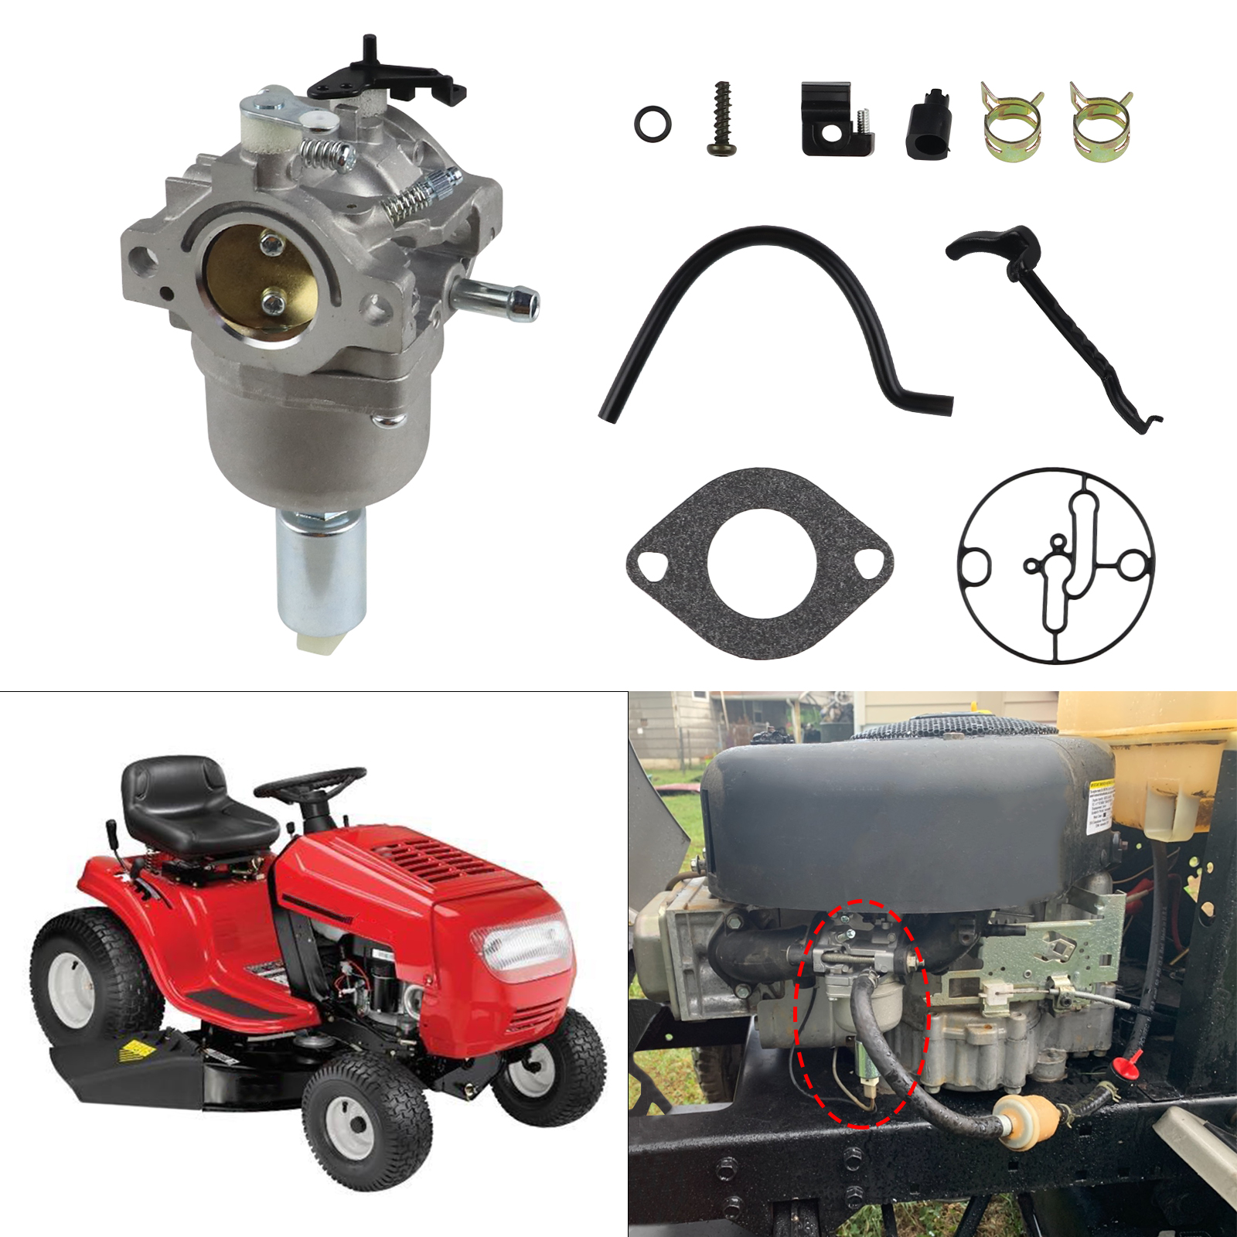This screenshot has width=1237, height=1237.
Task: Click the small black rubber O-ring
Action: pyautogui.click(x=653, y=124)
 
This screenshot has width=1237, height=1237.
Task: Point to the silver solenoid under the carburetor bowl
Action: pyautogui.click(x=321, y=572)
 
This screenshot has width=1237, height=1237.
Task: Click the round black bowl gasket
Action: pyautogui.click(x=1055, y=565)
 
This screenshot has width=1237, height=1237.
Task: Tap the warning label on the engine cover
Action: pyautogui.click(x=1100, y=804)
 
